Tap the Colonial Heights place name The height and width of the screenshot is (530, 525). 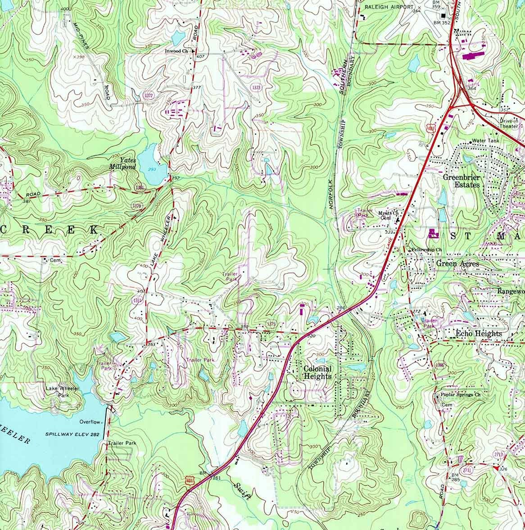pos(317,372)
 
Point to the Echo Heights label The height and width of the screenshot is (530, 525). pos(478,334)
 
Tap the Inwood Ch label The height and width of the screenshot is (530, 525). pos(177,51)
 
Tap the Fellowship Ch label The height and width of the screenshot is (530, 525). pos(427,249)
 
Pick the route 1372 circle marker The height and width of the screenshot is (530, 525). pos(149,95)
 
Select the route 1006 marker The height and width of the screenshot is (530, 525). pos(439,366)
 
